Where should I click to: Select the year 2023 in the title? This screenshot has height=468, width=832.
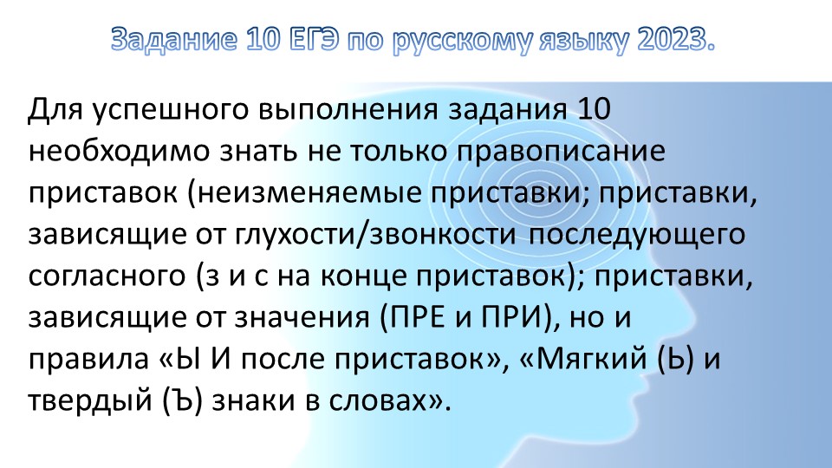[668, 40]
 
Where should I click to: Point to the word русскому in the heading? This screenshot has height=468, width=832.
[464, 40]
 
